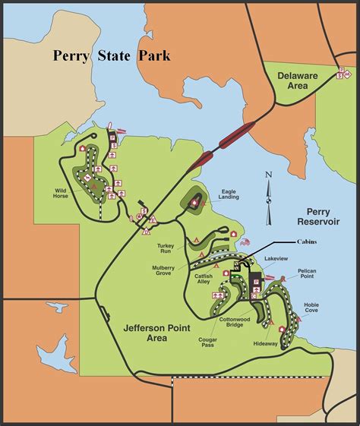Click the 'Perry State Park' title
(112, 55)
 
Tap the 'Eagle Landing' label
(230, 195)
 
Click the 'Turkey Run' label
(166, 250)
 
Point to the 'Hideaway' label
(265, 344)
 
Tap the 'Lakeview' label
(277, 259)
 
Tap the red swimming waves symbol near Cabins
(245, 242)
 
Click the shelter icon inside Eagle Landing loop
(195, 202)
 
